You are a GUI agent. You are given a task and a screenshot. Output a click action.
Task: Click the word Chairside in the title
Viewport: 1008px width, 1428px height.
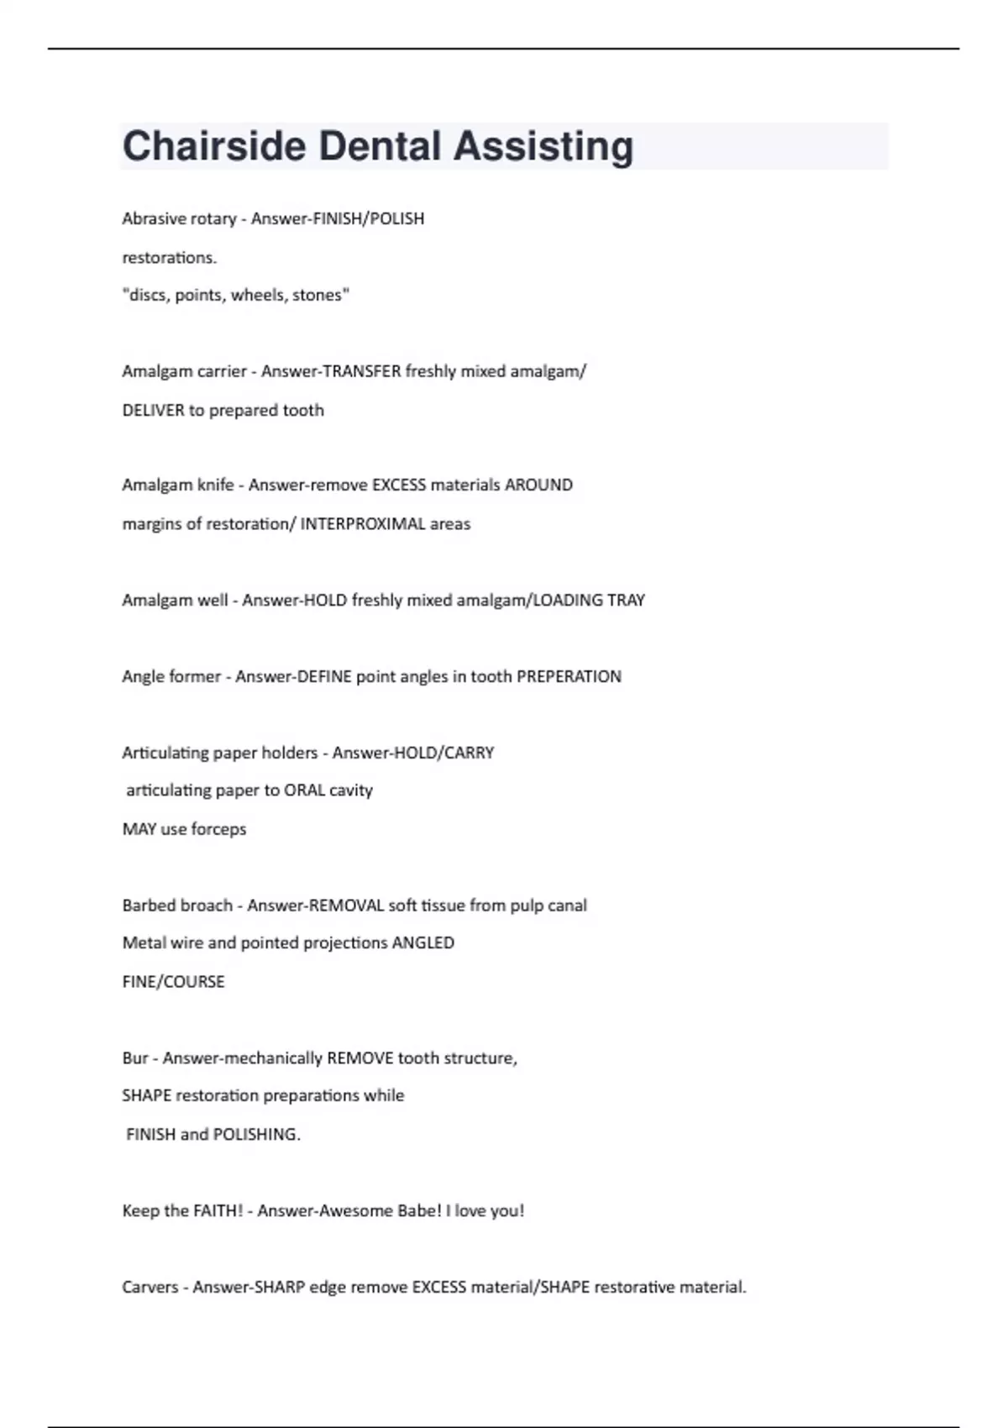(214, 146)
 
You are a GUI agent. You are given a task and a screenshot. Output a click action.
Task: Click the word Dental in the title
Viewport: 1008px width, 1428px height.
(380, 146)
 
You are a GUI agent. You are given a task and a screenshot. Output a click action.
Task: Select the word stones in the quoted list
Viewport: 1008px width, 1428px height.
(320, 295)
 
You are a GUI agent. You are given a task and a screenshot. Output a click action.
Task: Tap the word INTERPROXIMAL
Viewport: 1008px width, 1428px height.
(362, 523)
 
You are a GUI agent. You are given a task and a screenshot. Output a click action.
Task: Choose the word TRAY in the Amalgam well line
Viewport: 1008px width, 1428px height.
(625, 600)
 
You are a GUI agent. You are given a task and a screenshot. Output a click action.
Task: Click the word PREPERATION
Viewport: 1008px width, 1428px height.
(569, 676)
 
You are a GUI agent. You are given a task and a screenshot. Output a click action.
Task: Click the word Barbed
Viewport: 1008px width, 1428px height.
(149, 906)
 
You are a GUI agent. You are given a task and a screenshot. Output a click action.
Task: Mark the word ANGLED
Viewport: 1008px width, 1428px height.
(423, 942)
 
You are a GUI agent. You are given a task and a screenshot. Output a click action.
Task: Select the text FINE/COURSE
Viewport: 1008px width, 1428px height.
(173, 982)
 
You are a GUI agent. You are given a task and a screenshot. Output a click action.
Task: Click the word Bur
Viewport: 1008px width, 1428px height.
(134, 1058)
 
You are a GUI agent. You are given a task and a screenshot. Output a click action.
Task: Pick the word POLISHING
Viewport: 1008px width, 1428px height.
(255, 1134)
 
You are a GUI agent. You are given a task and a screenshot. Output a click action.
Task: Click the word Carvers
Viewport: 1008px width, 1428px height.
(150, 1287)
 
